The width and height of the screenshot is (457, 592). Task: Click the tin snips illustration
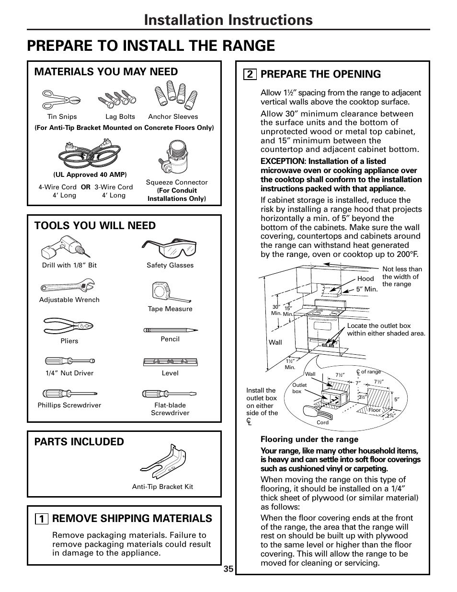click(61, 99)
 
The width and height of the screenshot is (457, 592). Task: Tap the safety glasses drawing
click(169, 248)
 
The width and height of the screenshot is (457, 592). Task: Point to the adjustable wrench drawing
click(68, 287)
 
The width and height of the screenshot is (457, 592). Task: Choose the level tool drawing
click(171, 362)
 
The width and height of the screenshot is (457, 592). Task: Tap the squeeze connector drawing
click(173, 158)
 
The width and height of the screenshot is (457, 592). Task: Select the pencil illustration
click(171, 330)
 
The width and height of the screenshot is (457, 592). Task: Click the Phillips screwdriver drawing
click(70, 394)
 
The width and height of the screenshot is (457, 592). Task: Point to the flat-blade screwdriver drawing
click(170, 394)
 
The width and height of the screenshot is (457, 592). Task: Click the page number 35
click(228, 569)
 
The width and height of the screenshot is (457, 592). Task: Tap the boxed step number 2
click(250, 74)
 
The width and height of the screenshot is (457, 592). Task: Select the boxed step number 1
click(42, 519)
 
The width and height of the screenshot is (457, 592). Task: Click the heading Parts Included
click(79, 441)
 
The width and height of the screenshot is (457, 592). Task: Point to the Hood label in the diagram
click(366, 279)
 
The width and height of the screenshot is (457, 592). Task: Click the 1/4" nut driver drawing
click(70, 360)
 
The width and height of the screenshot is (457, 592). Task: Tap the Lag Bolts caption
click(120, 116)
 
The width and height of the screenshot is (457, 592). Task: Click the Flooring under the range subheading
click(309, 439)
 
